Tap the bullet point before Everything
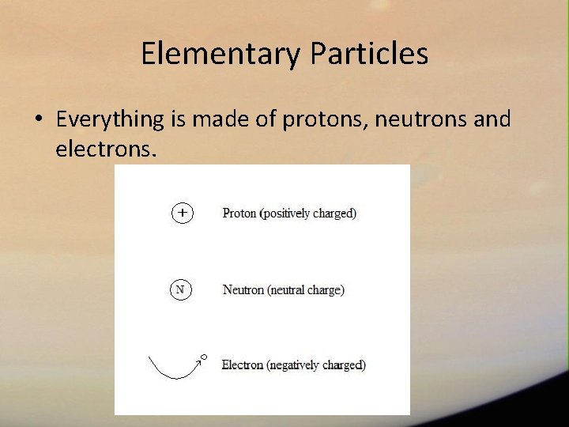pos(38,120)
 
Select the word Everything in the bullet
pos(110,119)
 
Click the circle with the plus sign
pos(183,213)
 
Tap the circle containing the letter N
pos(180,289)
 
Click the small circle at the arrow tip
pos(203,357)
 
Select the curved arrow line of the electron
pos(170,373)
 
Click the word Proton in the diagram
pos(239,213)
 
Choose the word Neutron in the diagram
pos(243,290)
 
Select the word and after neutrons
pos(492,119)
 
